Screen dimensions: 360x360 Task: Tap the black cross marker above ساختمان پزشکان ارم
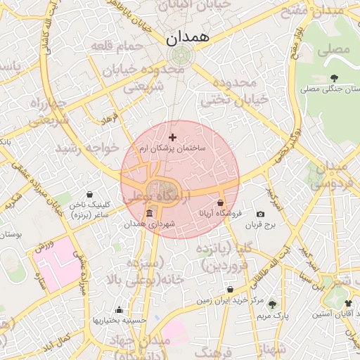click(x=173, y=137)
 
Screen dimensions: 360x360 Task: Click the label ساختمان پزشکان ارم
click(x=172, y=149)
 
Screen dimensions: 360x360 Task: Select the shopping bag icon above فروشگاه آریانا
click(x=220, y=202)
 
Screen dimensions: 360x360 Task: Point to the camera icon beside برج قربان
click(x=261, y=214)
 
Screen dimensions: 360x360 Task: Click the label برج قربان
click(x=262, y=226)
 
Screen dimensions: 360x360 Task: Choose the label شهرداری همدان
click(x=148, y=225)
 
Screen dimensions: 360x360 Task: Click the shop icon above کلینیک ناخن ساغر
click(x=89, y=194)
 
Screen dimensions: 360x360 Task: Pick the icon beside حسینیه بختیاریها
click(x=119, y=310)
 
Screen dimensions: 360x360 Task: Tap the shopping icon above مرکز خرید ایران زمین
click(x=230, y=290)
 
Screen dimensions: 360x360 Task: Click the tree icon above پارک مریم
click(x=273, y=304)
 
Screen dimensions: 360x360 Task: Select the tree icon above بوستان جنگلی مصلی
click(x=333, y=77)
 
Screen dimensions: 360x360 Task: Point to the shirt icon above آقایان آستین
click(x=349, y=303)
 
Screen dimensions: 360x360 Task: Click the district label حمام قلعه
click(x=117, y=46)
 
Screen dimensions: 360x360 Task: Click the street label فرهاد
click(x=110, y=117)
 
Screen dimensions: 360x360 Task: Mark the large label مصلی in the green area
click(x=334, y=50)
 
